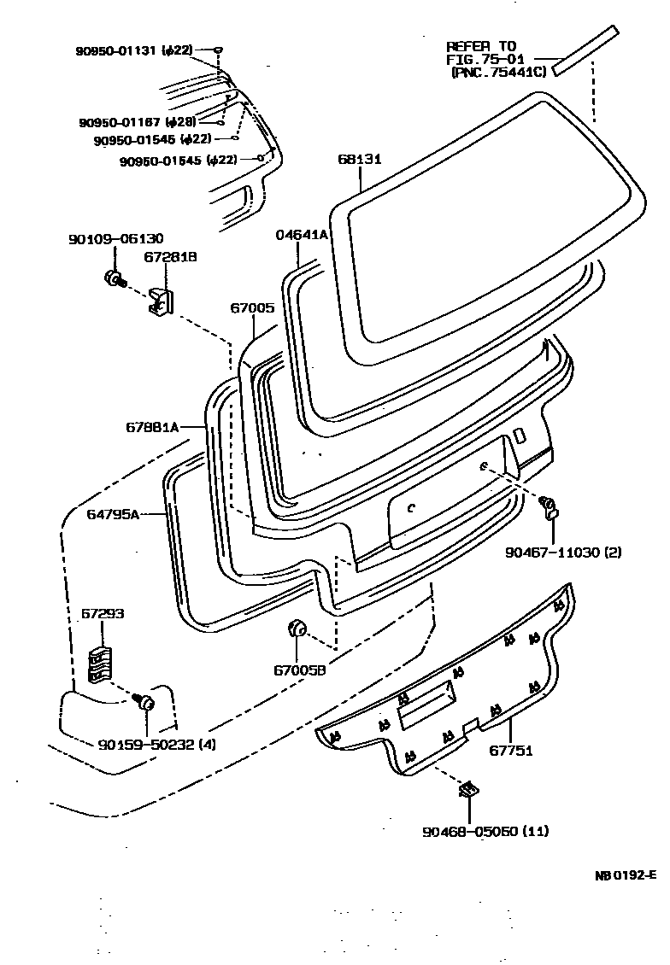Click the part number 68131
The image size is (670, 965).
tap(359, 160)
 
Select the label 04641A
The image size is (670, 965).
tap(301, 235)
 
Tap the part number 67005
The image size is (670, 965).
tap(252, 307)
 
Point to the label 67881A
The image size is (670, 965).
tap(152, 427)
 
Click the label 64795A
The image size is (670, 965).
tap(113, 514)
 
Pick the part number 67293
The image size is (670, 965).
tap(103, 614)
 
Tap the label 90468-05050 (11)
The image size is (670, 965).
tap(485, 830)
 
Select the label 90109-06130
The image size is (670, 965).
tap(115, 239)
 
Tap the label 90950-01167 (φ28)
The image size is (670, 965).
tap(138, 122)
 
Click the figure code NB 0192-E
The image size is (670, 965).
tap(626, 874)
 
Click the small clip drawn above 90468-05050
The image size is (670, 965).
tap(467, 789)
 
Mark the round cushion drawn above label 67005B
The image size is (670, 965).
tap(297, 629)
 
